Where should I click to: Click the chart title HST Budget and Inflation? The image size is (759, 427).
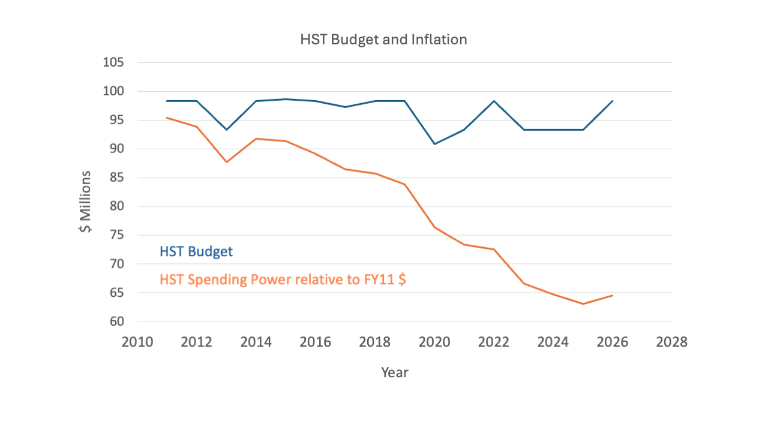tap(383, 40)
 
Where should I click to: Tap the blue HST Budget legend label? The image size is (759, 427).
tap(196, 251)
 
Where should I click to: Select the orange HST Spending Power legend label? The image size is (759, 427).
tap(283, 279)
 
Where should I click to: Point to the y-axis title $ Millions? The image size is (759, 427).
tap(86, 202)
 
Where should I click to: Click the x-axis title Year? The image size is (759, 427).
tap(394, 372)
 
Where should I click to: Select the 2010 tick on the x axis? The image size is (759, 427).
tap(137, 342)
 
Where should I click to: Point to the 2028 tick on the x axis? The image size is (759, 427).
tap(671, 342)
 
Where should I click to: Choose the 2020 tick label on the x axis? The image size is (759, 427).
tap(434, 342)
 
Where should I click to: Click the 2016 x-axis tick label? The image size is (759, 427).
tap(316, 342)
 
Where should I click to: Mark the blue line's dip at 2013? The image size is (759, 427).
tap(226, 130)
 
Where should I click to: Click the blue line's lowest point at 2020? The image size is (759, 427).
tap(434, 144)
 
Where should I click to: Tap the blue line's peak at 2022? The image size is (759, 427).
tap(494, 101)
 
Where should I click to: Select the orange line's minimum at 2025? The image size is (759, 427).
tap(583, 304)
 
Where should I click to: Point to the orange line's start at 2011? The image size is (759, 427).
tap(167, 118)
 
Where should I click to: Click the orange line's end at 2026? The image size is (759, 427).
tap(613, 295)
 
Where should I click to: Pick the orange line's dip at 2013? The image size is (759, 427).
tap(226, 162)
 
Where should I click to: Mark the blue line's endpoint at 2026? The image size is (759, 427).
tap(613, 101)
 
